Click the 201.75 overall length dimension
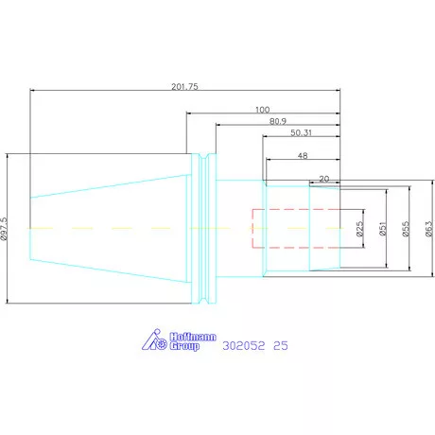click(184, 86)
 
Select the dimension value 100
click(262, 110)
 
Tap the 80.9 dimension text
click(278, 121)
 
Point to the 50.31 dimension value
click(301, 132)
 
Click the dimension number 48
click(303, 155)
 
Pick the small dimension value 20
click(324, 179)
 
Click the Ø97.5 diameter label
click(4, 229)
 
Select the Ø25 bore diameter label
click(359, 229)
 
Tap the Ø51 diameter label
click(382, 229)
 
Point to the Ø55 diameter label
click(406, 229)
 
